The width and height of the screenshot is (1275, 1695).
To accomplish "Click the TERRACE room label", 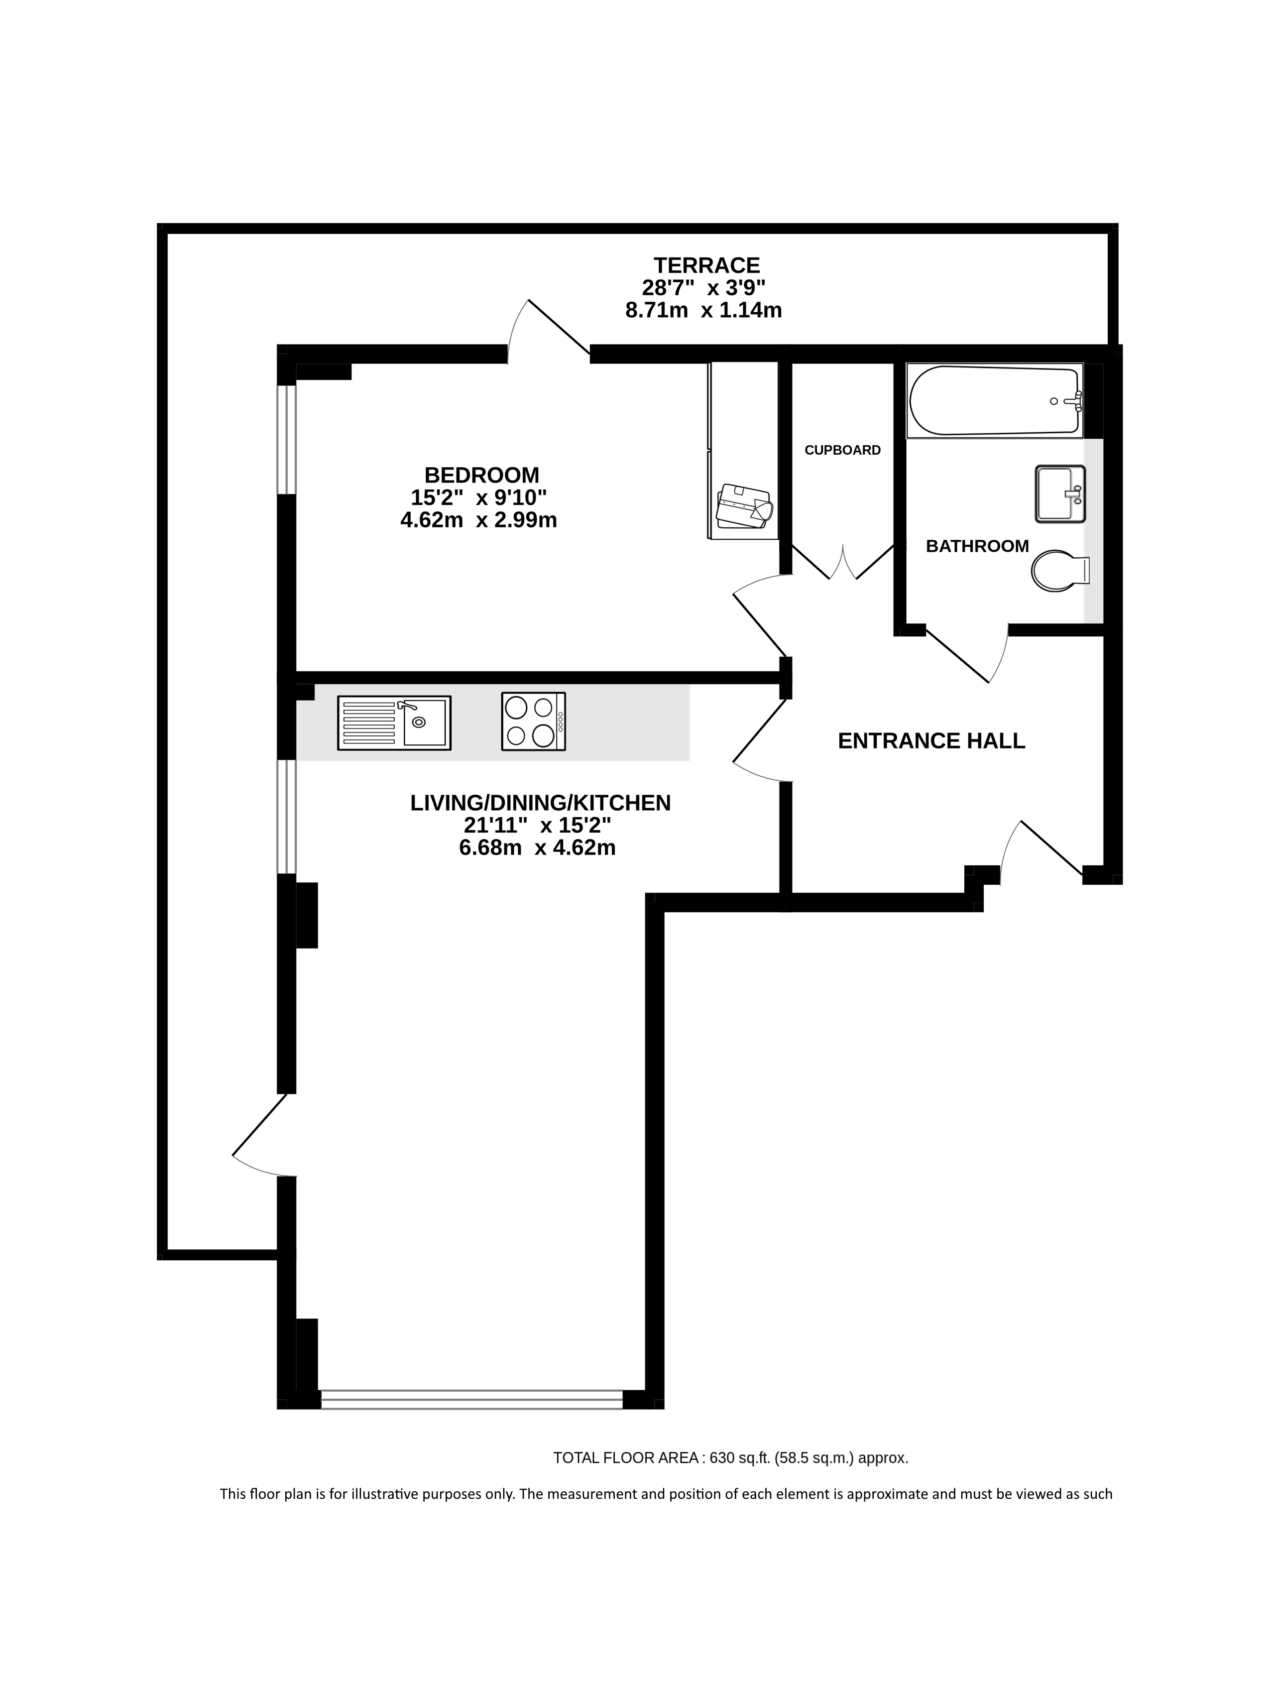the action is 706,265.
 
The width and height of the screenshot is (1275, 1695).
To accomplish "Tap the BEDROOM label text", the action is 482,475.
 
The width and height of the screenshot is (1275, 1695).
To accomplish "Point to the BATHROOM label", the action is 977,546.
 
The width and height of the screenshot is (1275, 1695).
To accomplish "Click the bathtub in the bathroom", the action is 995,401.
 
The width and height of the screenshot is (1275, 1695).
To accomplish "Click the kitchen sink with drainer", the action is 394,723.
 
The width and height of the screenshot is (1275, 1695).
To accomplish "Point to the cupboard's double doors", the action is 843,562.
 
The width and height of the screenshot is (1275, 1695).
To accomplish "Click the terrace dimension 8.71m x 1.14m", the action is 703,310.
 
